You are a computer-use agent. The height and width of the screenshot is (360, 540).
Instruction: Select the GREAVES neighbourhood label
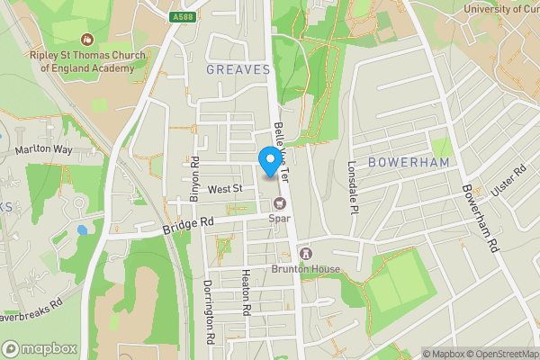[x=238, y=69]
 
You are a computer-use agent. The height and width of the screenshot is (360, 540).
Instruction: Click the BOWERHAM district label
[x=408, y=161]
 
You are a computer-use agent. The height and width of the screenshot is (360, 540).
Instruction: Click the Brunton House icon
[x=305, y=254]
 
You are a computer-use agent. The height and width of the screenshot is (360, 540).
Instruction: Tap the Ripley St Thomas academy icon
[x=86, y=40]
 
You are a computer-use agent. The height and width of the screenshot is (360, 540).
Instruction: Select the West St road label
[x=225, y=189]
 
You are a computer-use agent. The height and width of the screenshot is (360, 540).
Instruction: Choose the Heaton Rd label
[x=245, y=292]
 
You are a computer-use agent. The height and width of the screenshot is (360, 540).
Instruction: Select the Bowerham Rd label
[x=480, y=219]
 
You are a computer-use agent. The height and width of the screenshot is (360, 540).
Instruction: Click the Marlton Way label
[x=42, y=149]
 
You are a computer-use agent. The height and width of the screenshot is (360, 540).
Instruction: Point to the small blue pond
[x=82, y=229]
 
